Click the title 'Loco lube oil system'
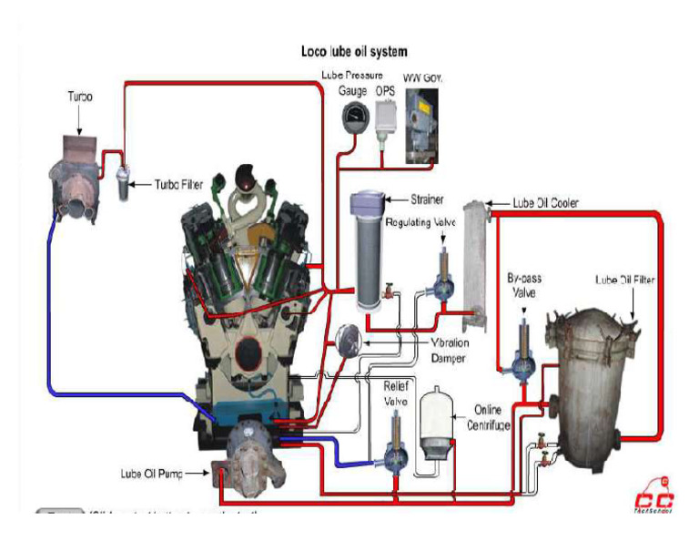click(354, 52)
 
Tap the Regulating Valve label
click(419, 221)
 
